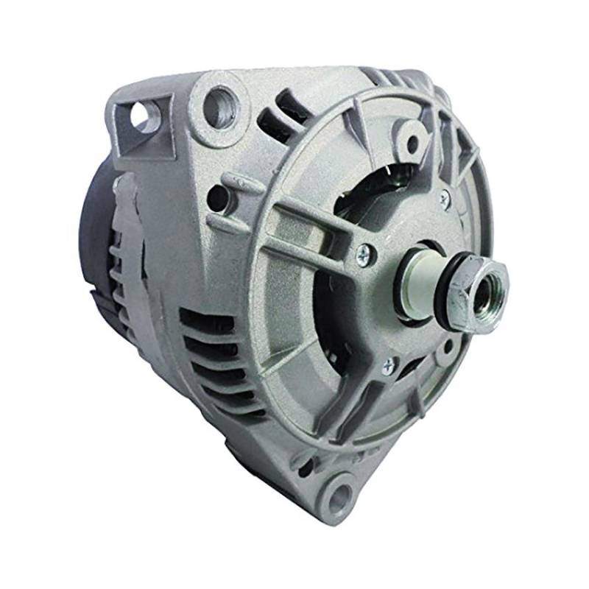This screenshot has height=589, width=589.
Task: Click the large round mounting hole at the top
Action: [219, 105]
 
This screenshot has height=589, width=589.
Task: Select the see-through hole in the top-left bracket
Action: [142, 117]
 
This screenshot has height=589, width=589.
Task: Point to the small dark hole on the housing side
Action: [217, 195]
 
